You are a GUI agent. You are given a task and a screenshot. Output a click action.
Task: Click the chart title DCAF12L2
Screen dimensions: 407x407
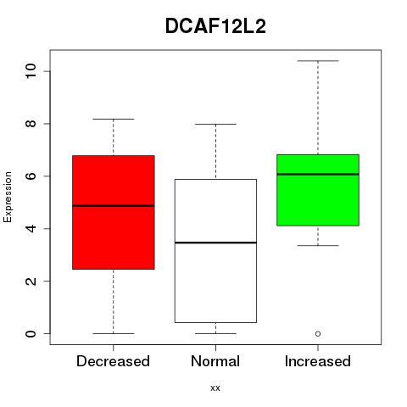pos(215,26)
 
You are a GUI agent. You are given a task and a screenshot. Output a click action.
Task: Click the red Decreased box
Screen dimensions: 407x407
pos(114,212)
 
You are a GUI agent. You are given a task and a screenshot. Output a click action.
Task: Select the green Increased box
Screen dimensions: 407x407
pos(318,190)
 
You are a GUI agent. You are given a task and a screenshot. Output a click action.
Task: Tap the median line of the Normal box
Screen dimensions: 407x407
pos(215,243)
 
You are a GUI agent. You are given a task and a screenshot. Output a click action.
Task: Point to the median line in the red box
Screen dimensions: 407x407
pos(114,205)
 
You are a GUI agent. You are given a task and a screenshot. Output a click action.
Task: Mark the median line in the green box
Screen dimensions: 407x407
pos(318,174)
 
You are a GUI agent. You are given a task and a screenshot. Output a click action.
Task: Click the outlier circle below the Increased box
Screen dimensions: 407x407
pos(318,334)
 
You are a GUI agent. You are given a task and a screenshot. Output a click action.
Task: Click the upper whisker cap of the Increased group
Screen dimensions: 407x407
pos(318,61)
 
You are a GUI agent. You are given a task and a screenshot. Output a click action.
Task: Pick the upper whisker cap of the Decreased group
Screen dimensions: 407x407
pos(114,119)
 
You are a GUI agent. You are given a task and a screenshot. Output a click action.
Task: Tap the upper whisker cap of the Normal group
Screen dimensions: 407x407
pos(215,124)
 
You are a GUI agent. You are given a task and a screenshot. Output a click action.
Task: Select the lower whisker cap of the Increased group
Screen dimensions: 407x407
pos(318,245)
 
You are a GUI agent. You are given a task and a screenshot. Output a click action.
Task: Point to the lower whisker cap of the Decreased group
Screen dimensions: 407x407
pos(114,333)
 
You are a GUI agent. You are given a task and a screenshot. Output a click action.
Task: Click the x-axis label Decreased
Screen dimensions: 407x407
pos(113,361)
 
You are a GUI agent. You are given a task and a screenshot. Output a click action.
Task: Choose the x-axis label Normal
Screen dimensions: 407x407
pos(215,361)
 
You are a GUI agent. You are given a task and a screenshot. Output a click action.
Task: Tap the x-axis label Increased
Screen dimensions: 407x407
pos(318,361)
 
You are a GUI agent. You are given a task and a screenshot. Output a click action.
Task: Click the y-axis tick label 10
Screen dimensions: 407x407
pos(31,71)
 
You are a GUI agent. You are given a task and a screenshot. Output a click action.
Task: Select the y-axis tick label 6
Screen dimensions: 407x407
pos(31,176)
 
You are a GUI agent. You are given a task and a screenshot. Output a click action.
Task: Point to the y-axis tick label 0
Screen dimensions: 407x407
pos(31,333)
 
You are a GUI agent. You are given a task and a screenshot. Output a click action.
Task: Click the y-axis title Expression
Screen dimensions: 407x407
pos(8,197)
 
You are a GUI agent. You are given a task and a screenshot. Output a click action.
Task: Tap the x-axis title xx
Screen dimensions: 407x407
pos(215,388)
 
